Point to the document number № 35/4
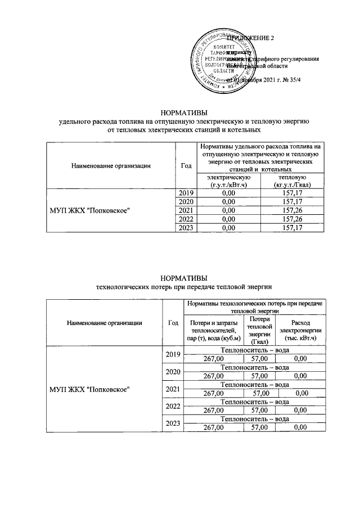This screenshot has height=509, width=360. pos(293,79)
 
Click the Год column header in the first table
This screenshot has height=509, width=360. pos(186,165)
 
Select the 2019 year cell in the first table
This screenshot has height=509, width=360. pos(186,192)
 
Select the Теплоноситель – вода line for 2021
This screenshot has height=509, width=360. pos(255,384)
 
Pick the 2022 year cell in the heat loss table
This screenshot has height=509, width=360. pos(172,406)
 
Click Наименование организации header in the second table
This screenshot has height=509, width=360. pos(104,323)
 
